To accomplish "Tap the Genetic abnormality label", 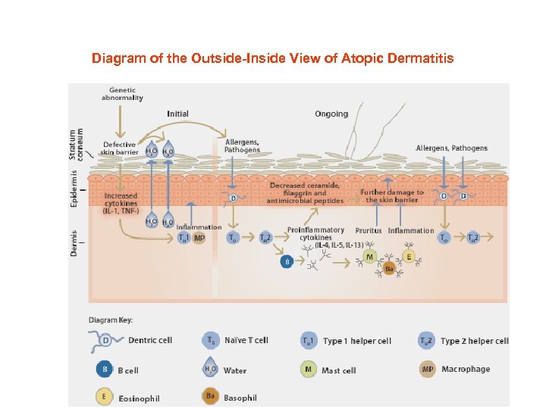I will click(x=122, y=93).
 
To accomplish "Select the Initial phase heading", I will click(x=177, y=114).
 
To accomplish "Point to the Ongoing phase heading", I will click(x=331, y=114).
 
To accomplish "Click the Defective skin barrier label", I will click(x=119, y=148).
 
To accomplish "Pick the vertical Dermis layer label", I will click(x=74, y=242).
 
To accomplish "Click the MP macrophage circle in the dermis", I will click(x=199, y=238).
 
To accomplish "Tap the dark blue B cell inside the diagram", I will click(x=287, y=261).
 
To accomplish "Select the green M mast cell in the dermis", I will click(x=370, y=258).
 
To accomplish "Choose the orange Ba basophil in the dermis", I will click(x=389, y=269).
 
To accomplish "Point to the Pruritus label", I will click(x=369, y=231).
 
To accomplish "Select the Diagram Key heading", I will click(x=111, y=320).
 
